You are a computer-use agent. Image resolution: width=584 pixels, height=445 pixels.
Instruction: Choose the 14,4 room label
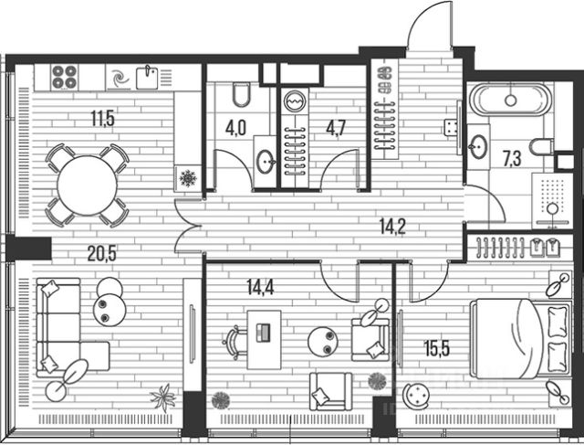pos(261,283)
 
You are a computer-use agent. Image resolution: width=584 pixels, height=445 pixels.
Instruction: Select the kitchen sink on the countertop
pos(148,77)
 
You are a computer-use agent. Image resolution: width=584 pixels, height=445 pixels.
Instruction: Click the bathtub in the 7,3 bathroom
pos(509,100)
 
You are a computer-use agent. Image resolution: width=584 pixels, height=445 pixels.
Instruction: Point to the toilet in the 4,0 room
pos(241,96)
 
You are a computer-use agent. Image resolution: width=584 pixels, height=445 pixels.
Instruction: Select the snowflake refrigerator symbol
pos(188,177)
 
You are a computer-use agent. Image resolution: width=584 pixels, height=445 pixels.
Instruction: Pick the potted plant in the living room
pos(162,398)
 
